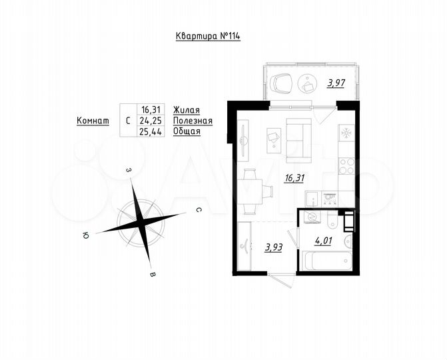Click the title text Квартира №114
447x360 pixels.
click(x=207, y=36)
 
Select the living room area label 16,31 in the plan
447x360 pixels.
click(x=294, y=178)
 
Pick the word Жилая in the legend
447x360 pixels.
click(x=186, y=110)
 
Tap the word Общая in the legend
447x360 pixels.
click(x=187, y=131)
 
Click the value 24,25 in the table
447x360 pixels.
click(x=149, y=121)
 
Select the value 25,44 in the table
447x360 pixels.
click(x=149, y=131)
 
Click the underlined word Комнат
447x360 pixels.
click(x=93, y=121)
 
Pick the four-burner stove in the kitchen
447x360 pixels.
click(x=346, y=165)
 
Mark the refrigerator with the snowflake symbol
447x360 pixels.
click(x=346, y=133)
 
